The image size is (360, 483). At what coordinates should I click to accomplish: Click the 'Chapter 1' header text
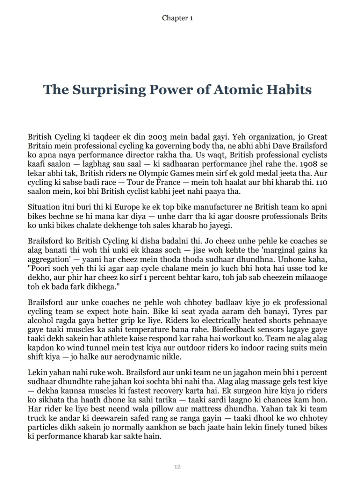177,18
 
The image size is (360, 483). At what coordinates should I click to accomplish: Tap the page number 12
177,467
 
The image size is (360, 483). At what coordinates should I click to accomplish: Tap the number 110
321,182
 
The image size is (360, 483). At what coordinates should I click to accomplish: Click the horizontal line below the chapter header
177,51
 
